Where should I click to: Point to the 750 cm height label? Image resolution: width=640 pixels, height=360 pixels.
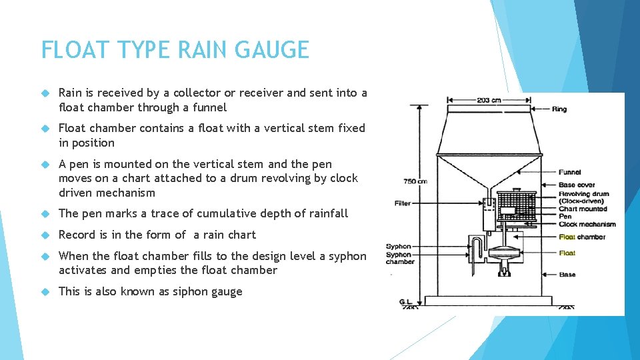click(415, 181)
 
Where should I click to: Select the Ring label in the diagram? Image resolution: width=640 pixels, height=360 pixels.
click(559, 109)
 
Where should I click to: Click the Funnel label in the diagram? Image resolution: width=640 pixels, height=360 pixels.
click(569, 172)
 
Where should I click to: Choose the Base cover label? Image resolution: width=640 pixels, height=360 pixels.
click(577, 185)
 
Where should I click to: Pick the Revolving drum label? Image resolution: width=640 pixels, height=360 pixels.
click(583, 194)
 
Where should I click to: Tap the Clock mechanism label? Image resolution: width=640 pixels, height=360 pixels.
click(587, 225)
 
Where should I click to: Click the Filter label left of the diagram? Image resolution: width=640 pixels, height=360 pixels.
click(403, 203)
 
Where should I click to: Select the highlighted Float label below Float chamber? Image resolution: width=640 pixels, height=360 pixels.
click(567, 253)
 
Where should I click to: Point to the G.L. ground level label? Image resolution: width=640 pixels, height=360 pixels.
click(405, 302)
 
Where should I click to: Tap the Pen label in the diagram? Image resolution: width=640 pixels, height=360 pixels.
click(565, 217)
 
